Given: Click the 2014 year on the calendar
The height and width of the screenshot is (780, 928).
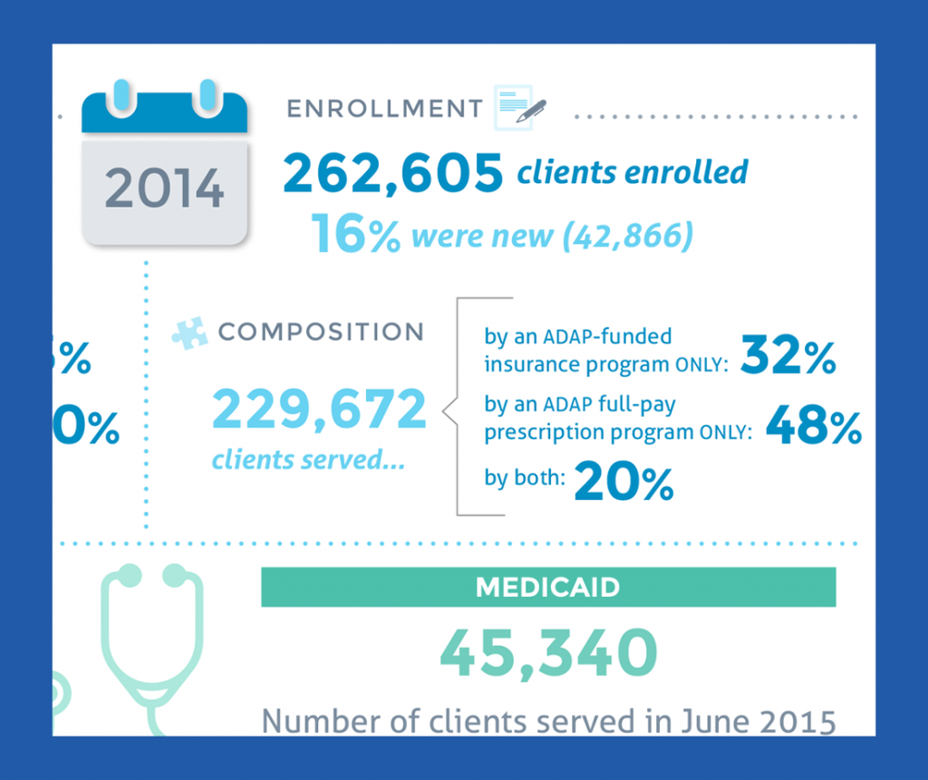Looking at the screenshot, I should pyautogui.click(x=164, y=188).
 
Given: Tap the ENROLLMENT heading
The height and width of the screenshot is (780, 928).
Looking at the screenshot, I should pyautogui.click(x=384, y=109).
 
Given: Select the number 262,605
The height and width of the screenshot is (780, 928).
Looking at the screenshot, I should pyautogui.click(x=392, y=173).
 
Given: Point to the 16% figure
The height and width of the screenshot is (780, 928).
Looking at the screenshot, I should pyautogui.click(x=355, y=234).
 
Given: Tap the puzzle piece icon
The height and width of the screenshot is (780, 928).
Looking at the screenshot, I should pyautogui.click(x=189, y=332).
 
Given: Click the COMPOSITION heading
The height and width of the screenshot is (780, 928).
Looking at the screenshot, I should pyautogui.click(x=321, y=332).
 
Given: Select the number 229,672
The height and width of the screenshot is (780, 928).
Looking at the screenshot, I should pyautogui.click(x=319, y=409).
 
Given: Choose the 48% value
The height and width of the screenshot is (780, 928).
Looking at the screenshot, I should pyautogui.click(x=813, y=426).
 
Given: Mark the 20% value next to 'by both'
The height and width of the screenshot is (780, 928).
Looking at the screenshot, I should pyautogui.click(x=623, y=482).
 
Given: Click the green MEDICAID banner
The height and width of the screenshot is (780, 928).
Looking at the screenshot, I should pyautogui.click(x=547, y=587).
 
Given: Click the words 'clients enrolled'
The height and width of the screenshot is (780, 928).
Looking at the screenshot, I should pyautogui.click(x=633, y=171).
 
